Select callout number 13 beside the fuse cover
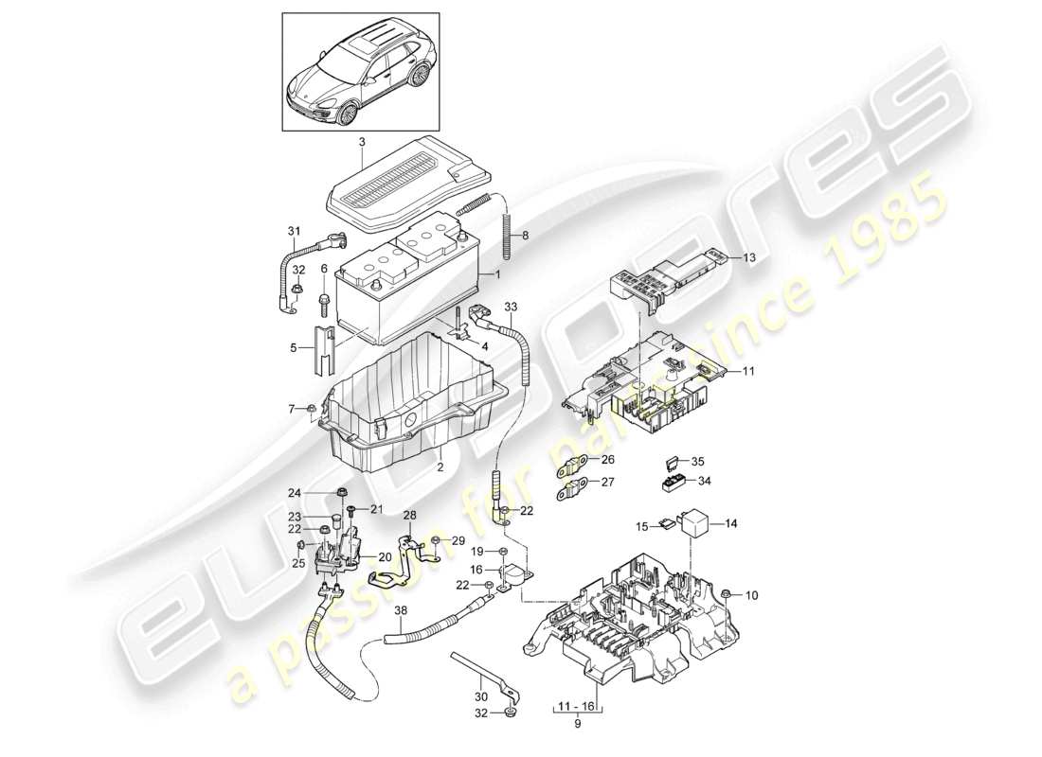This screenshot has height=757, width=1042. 749,257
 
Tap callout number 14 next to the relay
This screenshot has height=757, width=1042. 730,521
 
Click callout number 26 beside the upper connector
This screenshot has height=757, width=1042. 607,460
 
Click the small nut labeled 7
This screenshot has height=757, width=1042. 313,410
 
